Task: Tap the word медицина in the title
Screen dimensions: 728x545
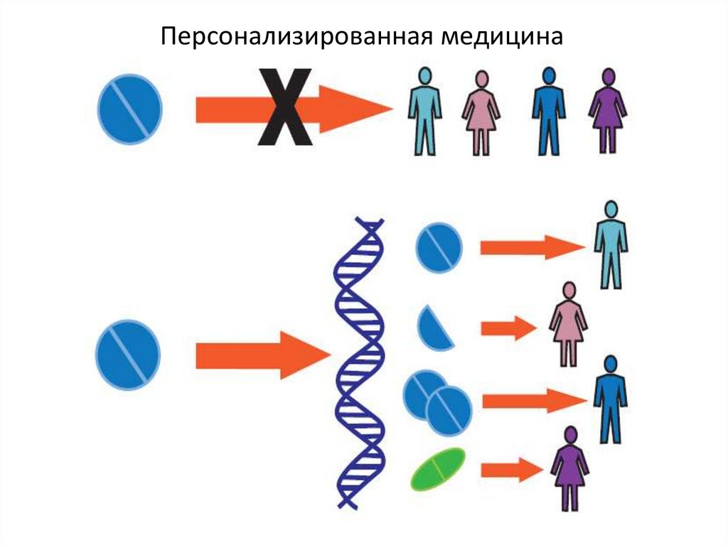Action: tap(502, 37)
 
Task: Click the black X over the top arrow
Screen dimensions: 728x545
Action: tap(285, 107)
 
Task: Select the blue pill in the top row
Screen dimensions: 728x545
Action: tap(130, 109)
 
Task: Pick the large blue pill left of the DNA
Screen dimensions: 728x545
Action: tap(128, 355)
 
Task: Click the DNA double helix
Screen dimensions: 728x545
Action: tap(359, 362)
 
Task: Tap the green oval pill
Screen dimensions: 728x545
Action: tap(438, 469)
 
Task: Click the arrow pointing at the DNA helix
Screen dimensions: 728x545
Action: tap(263, 355)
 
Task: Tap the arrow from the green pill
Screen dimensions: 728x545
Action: tap(512, 470)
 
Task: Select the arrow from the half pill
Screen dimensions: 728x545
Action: tap(509, 328)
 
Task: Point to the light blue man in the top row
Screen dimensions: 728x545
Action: tap(424, 112)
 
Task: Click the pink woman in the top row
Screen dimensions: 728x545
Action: tap(481, 113)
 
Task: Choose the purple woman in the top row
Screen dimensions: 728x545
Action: tap(607, 112)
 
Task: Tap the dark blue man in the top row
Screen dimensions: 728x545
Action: tap(549, 112)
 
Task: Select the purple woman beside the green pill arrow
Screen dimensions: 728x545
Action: tap(570, 469)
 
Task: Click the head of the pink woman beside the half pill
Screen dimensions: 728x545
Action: tap(569, 291)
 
